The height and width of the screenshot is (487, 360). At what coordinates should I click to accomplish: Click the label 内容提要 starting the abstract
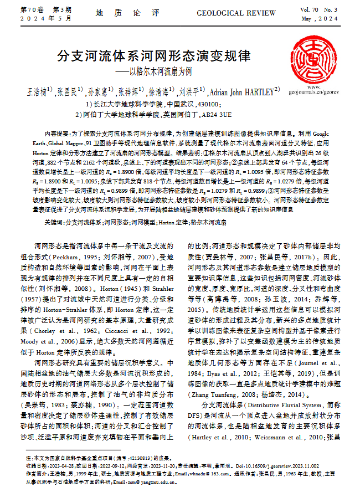point(55,134)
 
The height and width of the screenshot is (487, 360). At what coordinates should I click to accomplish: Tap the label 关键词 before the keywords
point(53,222)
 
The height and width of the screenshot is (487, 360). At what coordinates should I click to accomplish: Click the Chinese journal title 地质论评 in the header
point(127,12)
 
